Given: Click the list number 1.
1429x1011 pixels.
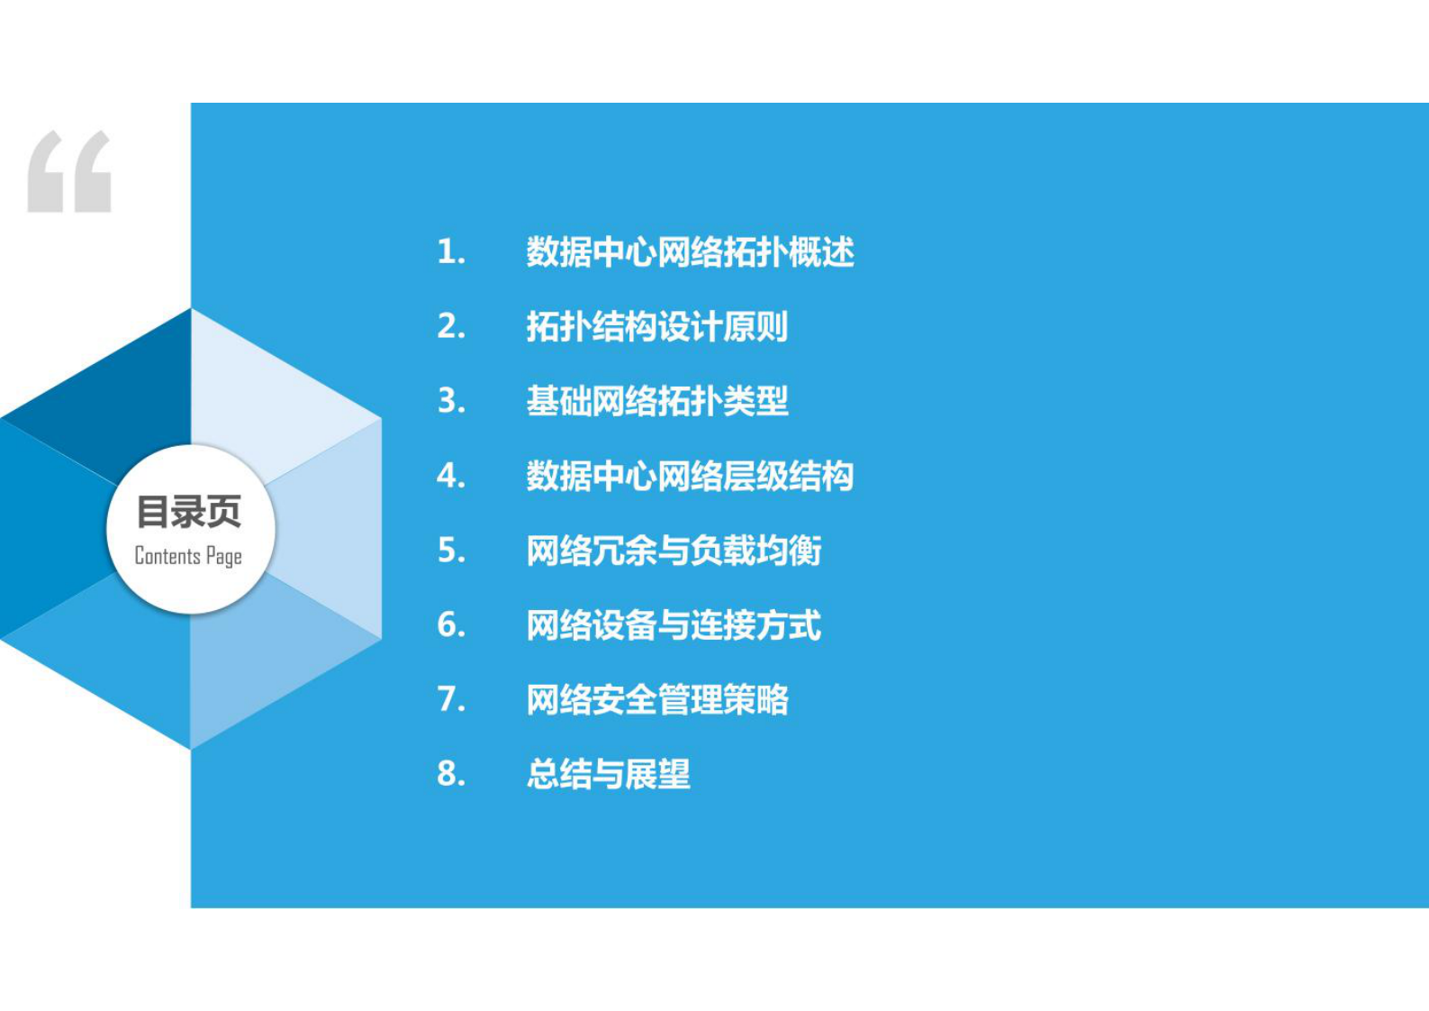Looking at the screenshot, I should [x=450, y=252].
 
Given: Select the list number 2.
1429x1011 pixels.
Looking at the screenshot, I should [x=451, y=326].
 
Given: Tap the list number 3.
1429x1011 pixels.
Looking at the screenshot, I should [x=451, y=401].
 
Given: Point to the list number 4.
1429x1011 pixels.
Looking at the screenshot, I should [x=451, y=476].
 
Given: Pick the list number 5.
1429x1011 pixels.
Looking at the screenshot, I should [x=451, y=551].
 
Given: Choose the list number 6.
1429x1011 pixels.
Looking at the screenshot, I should [x=451, y=624].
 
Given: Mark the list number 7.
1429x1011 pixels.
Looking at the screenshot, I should [x=451, y=699].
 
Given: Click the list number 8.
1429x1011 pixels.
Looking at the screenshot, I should [x=451, y=774].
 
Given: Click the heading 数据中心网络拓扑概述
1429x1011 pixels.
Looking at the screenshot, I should [x=690, y=252].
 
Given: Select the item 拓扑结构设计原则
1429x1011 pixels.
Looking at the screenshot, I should [x=657, y=326].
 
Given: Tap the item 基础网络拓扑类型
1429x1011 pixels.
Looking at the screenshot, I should [x=657, y=401].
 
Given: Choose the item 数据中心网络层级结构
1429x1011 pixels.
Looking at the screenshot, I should [x=690, y=476].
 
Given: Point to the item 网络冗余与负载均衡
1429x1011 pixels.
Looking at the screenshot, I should [x=674, y=551].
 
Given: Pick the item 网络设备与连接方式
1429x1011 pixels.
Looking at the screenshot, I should [x=674, y=625].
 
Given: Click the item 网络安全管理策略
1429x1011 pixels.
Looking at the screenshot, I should [x=657, y=699].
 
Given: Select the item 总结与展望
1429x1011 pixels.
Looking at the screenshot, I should [x=609, y=774].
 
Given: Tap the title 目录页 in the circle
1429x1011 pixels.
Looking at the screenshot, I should [x=189, y=512].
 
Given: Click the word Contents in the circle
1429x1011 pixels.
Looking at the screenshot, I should [x=167, y=556].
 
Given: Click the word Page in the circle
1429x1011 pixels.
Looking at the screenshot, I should [x=223, y=557].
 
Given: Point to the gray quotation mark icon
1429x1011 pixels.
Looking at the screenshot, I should [x=69, y=172].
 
